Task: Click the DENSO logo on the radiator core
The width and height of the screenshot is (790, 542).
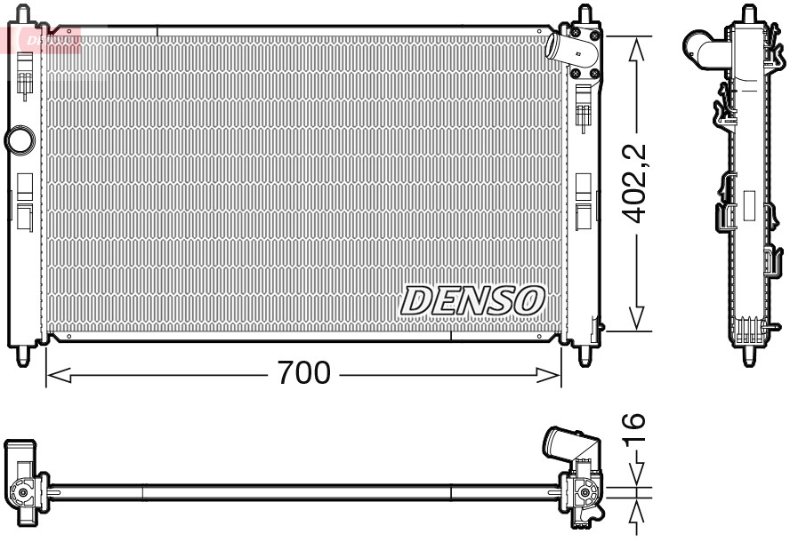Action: point(472,300)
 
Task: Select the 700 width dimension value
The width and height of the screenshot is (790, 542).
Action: point(303,373)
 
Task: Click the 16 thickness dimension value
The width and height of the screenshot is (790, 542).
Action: point(634,432)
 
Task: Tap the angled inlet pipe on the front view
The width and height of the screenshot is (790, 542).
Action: point(560,46)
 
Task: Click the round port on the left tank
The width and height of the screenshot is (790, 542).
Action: point(18,139)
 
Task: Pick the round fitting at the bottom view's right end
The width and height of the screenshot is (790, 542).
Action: point(586,492)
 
